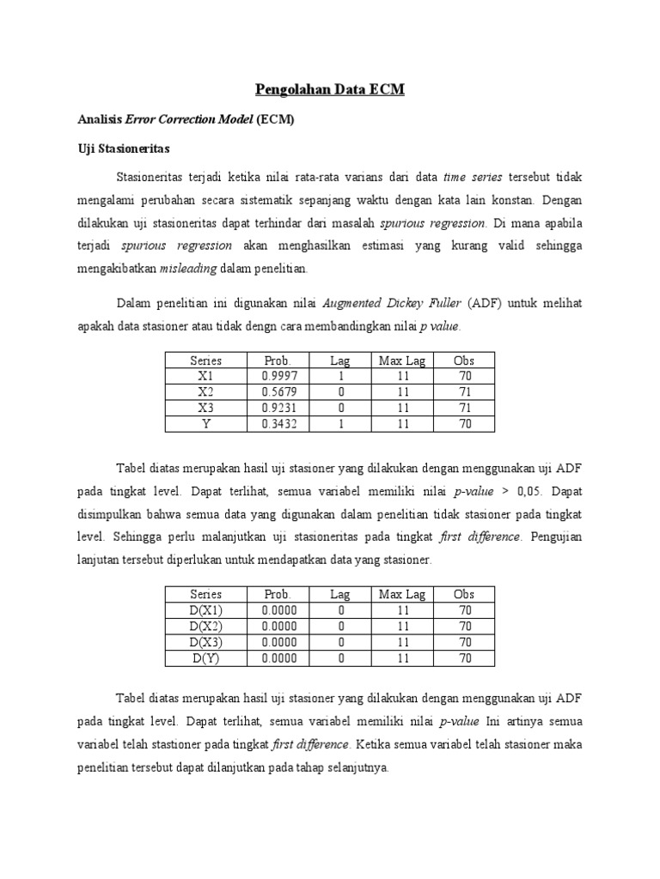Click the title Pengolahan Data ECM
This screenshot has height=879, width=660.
point(330,89)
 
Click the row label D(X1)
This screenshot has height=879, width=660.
point(205,610)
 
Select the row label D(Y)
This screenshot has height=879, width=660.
point(205,658)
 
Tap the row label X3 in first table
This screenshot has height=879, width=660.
point(205,408)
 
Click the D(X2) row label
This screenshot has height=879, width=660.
point(205,627)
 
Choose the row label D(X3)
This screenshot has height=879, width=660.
point(205,642)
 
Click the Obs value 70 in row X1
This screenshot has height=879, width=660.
point(464,376)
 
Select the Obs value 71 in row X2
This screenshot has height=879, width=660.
point(464,391)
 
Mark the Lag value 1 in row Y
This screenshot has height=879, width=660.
point(341,423)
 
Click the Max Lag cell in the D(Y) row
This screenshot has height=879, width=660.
point(402,658)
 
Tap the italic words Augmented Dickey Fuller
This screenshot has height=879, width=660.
point(392,303)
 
